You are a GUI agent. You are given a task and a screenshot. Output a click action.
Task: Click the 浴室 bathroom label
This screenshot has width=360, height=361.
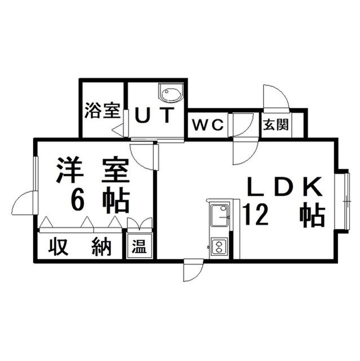tap(103, 111)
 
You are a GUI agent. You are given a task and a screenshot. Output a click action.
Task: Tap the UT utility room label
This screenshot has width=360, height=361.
tap(154, 115)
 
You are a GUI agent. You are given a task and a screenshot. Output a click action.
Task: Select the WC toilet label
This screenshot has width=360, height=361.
tap(208, 125)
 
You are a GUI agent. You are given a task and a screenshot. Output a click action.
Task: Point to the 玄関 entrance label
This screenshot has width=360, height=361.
tap(275, 125)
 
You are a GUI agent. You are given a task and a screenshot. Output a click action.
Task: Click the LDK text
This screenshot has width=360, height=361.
tap(284, 187)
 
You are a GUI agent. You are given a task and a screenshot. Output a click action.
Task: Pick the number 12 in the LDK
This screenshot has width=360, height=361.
tap(256, 215)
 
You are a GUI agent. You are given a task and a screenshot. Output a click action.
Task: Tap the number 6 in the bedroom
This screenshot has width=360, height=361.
tap(78, 200)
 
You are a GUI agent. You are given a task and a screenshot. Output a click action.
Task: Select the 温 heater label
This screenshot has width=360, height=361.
tap(139, 246)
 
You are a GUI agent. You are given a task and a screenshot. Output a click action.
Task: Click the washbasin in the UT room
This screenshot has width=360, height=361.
tap(171, 93)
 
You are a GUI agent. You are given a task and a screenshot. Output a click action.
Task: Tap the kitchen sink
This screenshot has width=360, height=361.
tap(219, 215)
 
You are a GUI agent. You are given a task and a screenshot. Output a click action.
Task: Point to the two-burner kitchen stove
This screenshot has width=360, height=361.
tap(219, 246)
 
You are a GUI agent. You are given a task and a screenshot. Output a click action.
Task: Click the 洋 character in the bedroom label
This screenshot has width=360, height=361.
tap(69, 170)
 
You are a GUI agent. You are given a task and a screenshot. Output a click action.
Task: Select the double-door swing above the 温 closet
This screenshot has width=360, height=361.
tap(140, 223)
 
